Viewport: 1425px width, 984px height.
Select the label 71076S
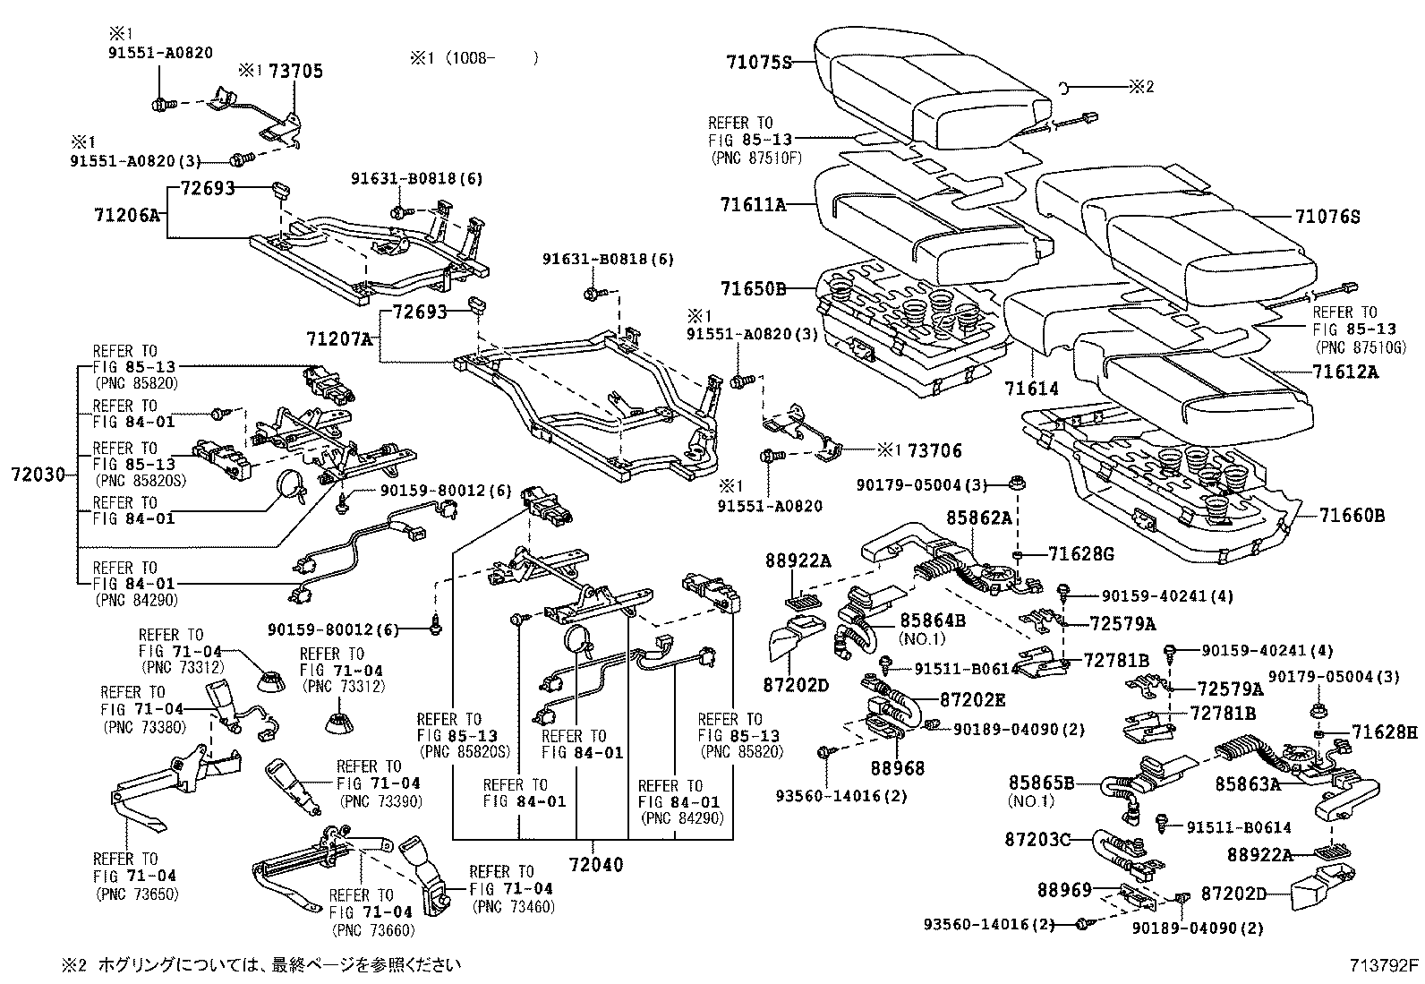(1327, 216)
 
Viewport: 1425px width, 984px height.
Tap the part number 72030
(38, 475)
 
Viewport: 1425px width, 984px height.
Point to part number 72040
(593, 865)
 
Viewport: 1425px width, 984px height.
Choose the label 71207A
(338, 339)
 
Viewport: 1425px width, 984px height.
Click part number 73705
(294, 71)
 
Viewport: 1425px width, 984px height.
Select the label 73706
(934, 450)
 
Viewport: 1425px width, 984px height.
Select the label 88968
(898, 767)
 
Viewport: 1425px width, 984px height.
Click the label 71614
(1030, 389)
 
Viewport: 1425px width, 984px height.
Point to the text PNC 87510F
(756, 158)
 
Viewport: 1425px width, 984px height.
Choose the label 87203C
(1037, 839)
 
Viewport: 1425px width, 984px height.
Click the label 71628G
(1081, 554)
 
